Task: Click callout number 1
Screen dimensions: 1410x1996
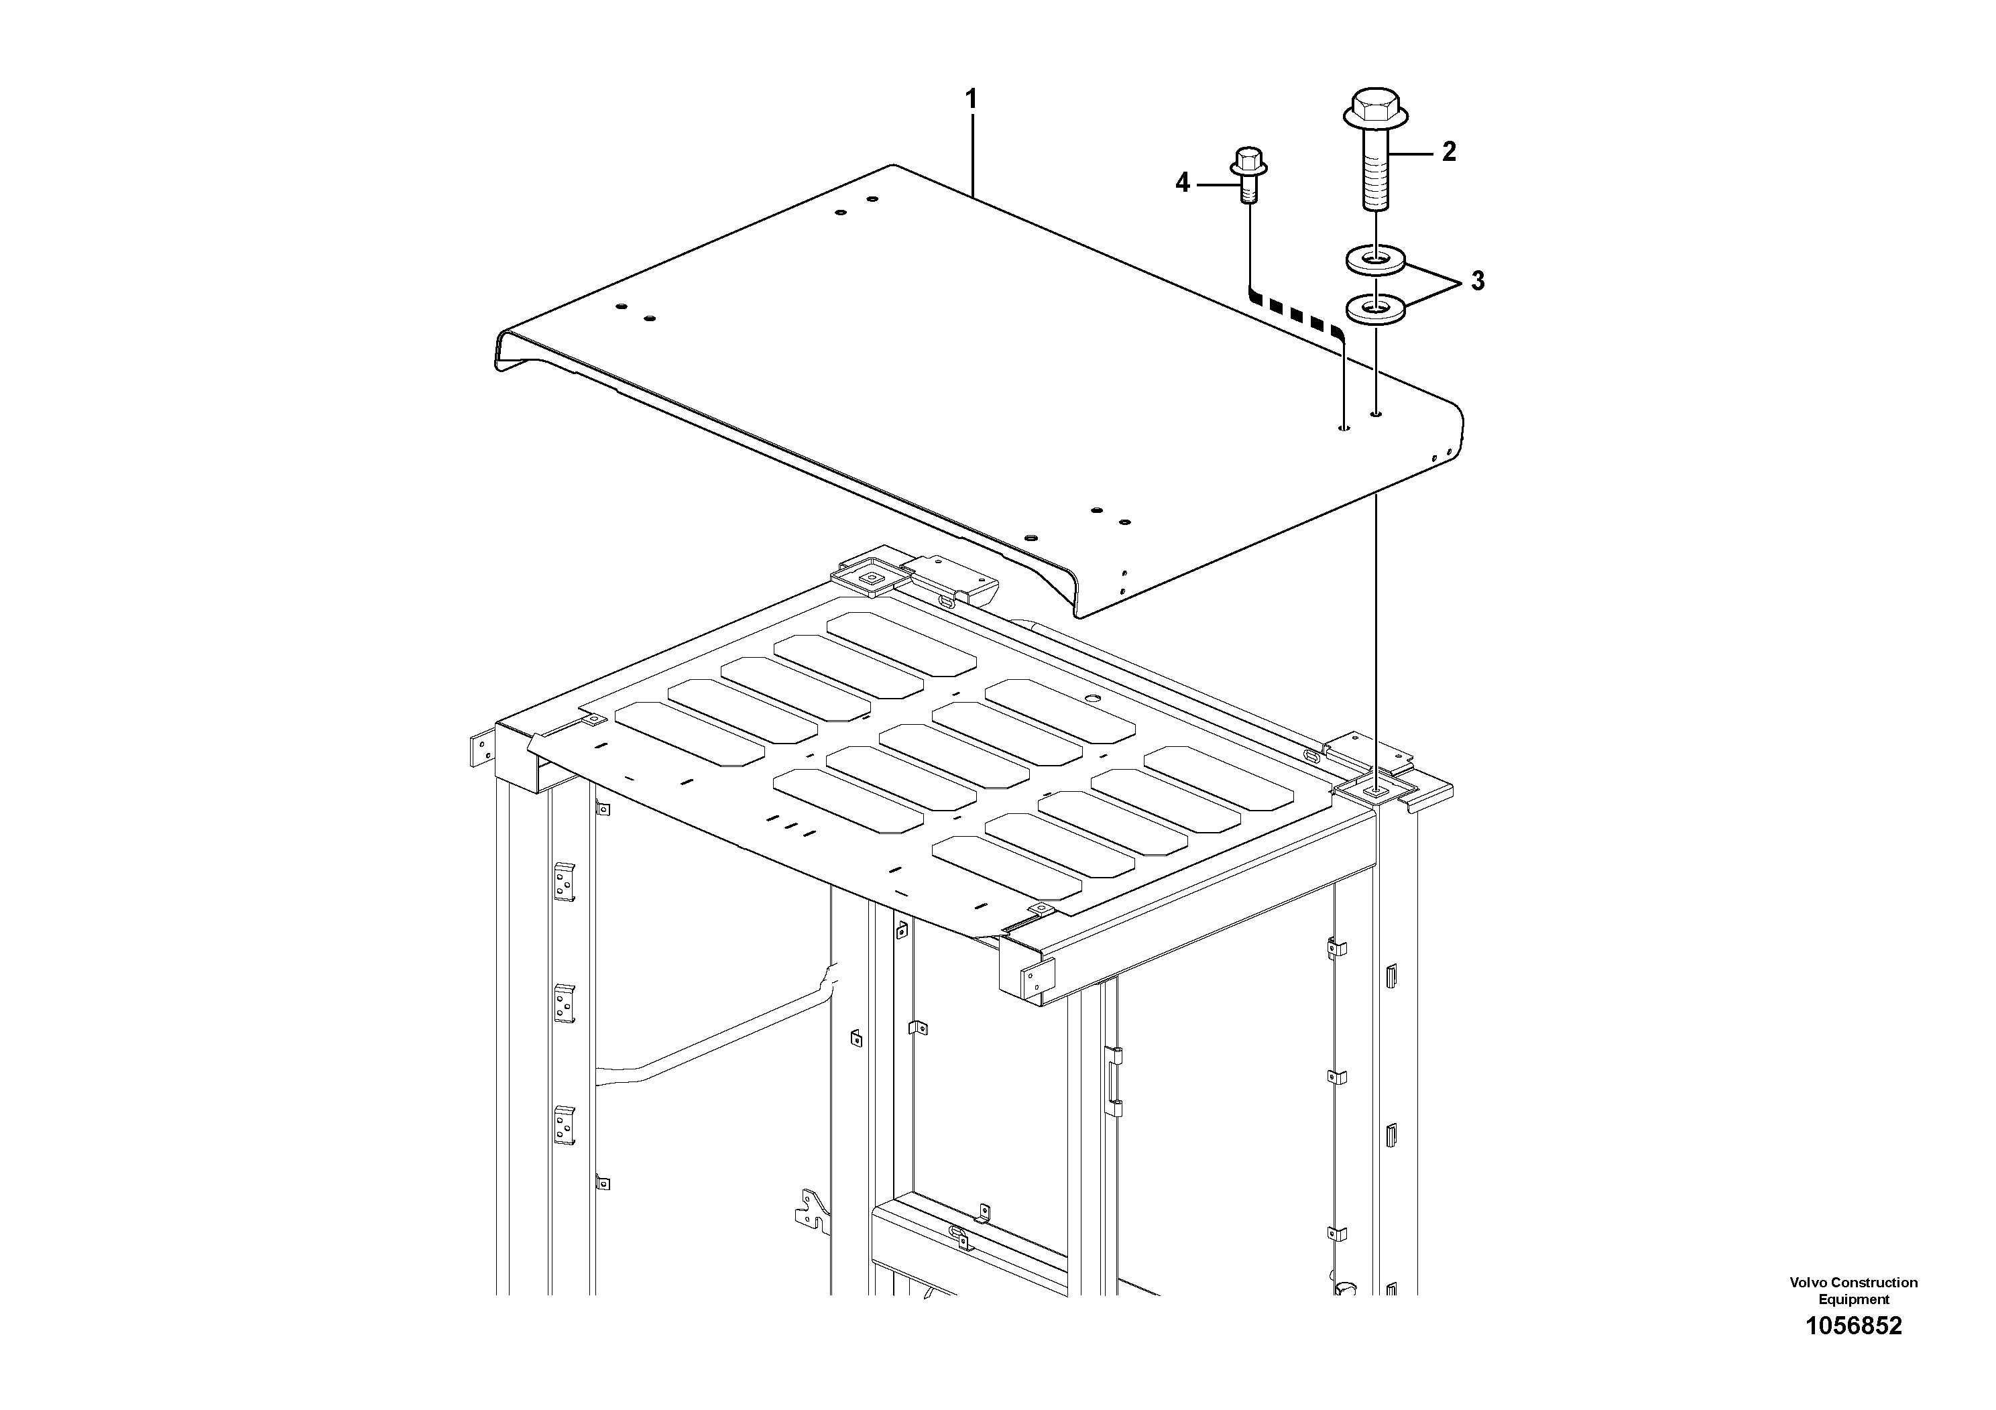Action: click(x=972, y=99)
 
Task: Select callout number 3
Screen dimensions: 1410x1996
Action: click(x=1477, y=281)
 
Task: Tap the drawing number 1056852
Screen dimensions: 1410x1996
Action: click(x=1853, y=1350)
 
